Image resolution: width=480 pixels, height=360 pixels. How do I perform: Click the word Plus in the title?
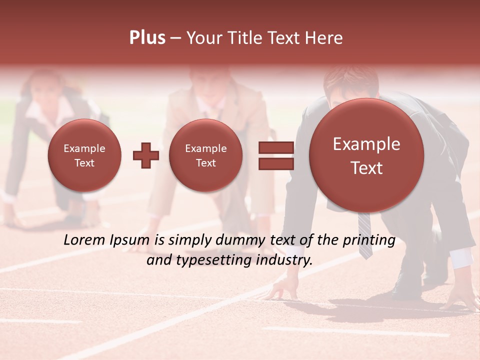pos(147,38)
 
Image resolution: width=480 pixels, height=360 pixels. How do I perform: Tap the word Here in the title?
pos(324,38)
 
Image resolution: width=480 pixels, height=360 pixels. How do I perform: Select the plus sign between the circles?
pos(145,155)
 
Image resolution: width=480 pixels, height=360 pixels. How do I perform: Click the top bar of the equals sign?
pos(276,147)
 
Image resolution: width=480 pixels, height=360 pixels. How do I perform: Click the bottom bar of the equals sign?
pos(276,164)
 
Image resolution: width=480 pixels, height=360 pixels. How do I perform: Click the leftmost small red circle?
pos(84,155)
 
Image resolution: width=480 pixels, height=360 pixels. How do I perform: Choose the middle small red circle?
pos(205,155)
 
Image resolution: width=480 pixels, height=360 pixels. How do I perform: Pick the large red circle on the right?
pos(366,155)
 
